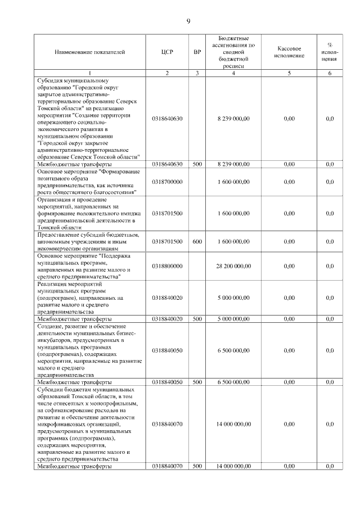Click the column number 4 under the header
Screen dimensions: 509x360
coord(233,73)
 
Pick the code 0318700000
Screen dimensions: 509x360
coord(167,182)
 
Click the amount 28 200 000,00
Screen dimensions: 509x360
coord(233,266)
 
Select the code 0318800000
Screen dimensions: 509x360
coord(167,266)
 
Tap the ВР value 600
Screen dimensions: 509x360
coord(197,241)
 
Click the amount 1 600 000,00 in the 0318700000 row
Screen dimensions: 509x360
coord(233,182)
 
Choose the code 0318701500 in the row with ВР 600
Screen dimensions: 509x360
coord(167,241)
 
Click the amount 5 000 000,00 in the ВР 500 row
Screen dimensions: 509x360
coord(233,319)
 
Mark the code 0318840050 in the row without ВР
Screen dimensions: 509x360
coord(167,350)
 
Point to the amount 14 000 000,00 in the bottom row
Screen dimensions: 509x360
coord(233,466)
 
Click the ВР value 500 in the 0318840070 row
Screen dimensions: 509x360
coord(197,466)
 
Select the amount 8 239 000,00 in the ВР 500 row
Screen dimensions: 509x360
coord(233,164)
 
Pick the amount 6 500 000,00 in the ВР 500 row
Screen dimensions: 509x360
coord(233,382)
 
